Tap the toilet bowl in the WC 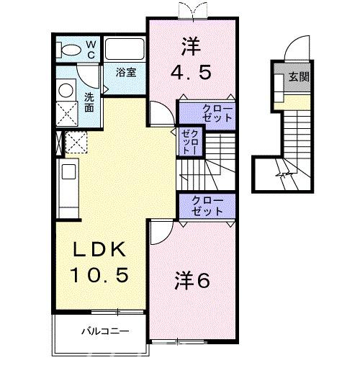click(71, 49)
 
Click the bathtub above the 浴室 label click(125, 50)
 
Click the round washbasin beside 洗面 click(67, 90)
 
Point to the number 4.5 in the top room click(191, 73)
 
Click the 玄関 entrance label click(300, 76)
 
